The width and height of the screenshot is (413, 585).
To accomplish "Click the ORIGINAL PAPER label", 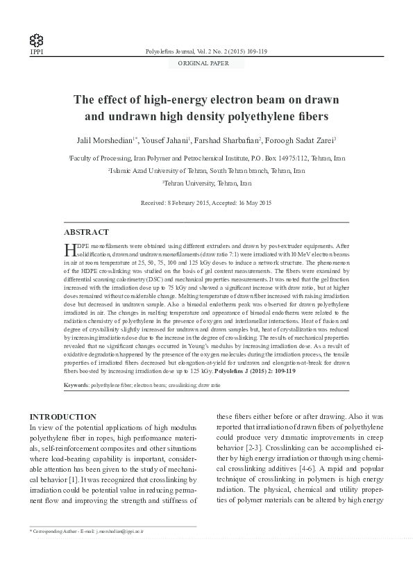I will pos(206,63).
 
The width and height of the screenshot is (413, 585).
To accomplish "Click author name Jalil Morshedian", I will pos(105,140).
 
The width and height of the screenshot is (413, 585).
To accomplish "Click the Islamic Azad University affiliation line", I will pos(206,170).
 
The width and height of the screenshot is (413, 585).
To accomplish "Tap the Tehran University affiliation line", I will pos(206,183).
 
